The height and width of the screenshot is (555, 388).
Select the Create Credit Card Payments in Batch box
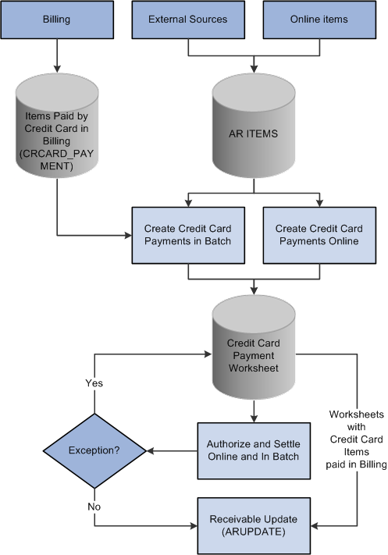[188, 234]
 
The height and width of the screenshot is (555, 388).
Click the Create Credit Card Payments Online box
[319, 234]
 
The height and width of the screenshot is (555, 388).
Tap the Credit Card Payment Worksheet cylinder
[254, 354]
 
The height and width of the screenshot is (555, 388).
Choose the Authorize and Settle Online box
[254, 450]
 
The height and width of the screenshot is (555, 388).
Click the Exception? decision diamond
[94, 450]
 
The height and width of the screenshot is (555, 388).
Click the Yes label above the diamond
[94, 383]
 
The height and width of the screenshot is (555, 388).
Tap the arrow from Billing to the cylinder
[57, 59]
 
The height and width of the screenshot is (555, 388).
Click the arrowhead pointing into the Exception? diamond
[151, 450]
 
